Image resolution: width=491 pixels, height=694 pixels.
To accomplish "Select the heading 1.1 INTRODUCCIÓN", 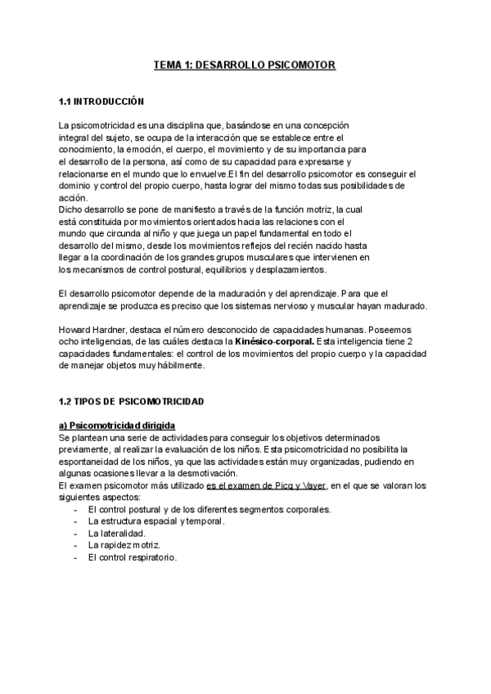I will tap(101, 102).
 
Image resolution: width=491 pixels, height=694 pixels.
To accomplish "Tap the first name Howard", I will tap(75, 330).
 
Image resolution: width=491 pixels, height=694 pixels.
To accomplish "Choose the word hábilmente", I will tap(180, 366).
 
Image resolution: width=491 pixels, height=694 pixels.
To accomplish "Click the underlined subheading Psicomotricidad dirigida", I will tap(121, 426).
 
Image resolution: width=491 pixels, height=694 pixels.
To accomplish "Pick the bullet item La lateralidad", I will tap(118, 534).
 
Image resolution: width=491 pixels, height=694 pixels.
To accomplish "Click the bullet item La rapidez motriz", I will tap(123, 545).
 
